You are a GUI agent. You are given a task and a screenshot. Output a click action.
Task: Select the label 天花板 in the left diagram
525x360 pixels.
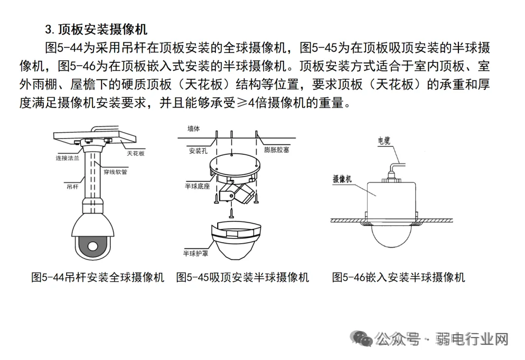click(x=136, y=153)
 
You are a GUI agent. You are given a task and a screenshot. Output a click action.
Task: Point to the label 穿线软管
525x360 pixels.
click(x=115, y=172)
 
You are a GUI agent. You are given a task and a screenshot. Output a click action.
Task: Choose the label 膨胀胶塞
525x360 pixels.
click(x=276, y=150)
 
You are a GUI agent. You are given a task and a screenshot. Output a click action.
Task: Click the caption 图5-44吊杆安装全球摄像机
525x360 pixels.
click(x=98, y=277)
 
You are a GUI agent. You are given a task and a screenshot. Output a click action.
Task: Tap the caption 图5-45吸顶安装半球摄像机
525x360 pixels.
click(x=243, y=277)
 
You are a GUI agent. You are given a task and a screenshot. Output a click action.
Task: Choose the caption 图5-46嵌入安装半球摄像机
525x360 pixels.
click(x=399, y=277)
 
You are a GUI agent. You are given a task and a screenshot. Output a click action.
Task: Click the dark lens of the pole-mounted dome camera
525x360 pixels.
click(x=93, y=246)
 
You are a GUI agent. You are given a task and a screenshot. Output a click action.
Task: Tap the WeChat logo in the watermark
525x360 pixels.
click(x=363, y=338)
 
